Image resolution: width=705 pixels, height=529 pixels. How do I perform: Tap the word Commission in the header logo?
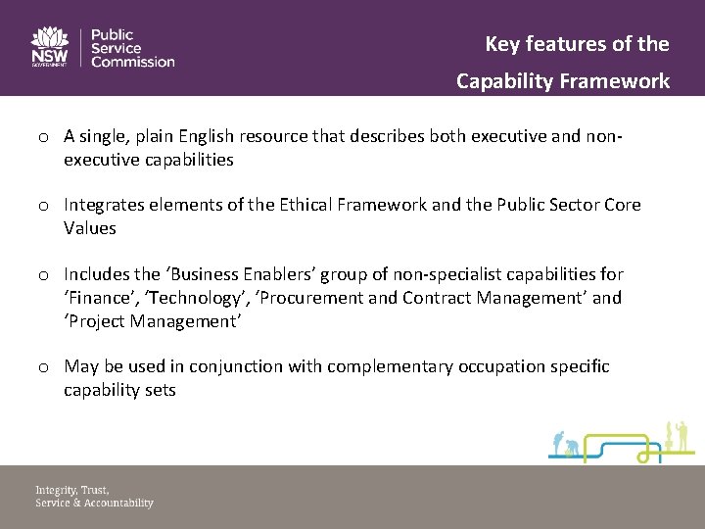132,62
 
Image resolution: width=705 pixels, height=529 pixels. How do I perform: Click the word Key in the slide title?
503,44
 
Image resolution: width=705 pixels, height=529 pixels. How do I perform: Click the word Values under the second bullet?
90,228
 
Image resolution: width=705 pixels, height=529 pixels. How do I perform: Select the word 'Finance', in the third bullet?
98,298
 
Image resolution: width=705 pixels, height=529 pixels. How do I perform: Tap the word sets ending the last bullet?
160,390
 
